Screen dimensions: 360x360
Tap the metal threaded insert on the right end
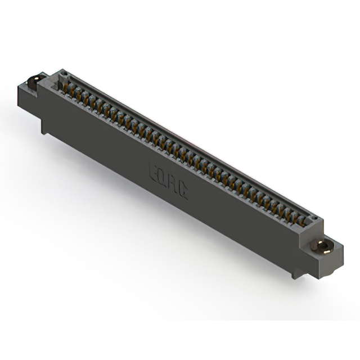tap(321, 246)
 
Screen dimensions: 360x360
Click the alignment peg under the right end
tap(296, 273)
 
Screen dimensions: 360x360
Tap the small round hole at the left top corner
tap(63, 74)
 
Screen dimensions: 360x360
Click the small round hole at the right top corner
tap(315, 218)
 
